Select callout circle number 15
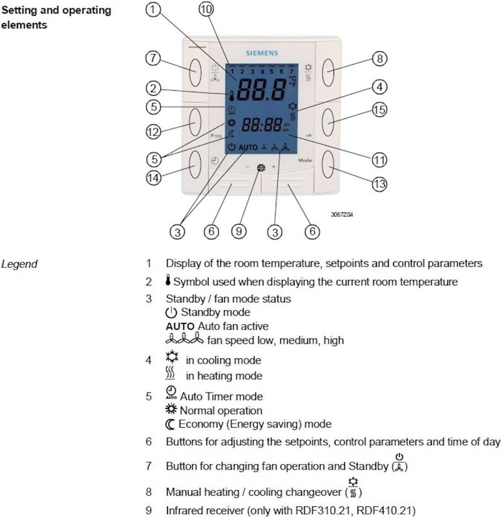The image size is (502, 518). [376, 110]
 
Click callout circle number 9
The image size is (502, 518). [238, 231]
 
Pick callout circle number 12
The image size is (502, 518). [153, 132]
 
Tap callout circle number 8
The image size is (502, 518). [378, 59]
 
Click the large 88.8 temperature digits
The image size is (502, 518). [262, 92]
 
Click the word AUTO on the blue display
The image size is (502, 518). [248, 147]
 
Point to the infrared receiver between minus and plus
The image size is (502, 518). [260, 167]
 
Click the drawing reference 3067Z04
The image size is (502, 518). [343, 214]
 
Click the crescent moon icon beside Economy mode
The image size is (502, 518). [169, 425]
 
